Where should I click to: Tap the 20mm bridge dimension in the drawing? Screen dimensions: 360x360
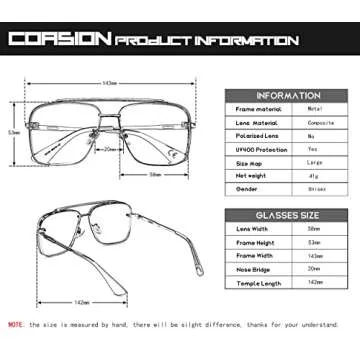point(112,149)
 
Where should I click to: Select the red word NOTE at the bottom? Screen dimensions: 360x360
point(17,325)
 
